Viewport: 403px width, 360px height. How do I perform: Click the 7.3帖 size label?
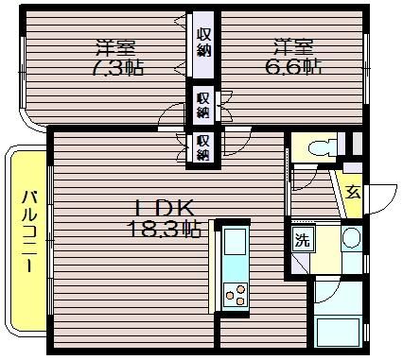click(118, 68)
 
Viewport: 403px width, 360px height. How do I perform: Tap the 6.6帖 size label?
click(293, 67)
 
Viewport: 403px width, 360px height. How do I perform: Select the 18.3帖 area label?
click(164, 229)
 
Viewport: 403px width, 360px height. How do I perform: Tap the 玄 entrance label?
click(353, 192)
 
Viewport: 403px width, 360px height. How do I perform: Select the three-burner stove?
click(236, 295)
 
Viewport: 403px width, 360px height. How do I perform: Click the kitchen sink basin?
click(235, 241)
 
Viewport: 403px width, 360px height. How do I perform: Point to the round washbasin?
click(351, 237)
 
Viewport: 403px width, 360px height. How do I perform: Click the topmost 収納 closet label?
click(204, 43)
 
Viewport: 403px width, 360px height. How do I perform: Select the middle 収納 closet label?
click(203, 105)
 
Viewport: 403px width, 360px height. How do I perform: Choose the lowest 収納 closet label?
click(203, 147)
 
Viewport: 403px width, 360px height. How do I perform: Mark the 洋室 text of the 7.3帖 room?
click(115, 48)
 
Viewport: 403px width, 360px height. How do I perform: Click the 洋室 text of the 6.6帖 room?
click(293, 47)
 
